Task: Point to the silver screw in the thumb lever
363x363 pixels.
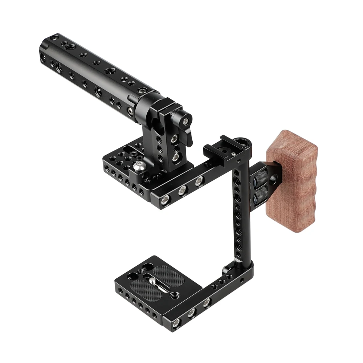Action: (186, 121)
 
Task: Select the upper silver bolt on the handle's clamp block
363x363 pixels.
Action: (174, 138)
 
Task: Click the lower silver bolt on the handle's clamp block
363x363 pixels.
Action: (176, 156)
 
